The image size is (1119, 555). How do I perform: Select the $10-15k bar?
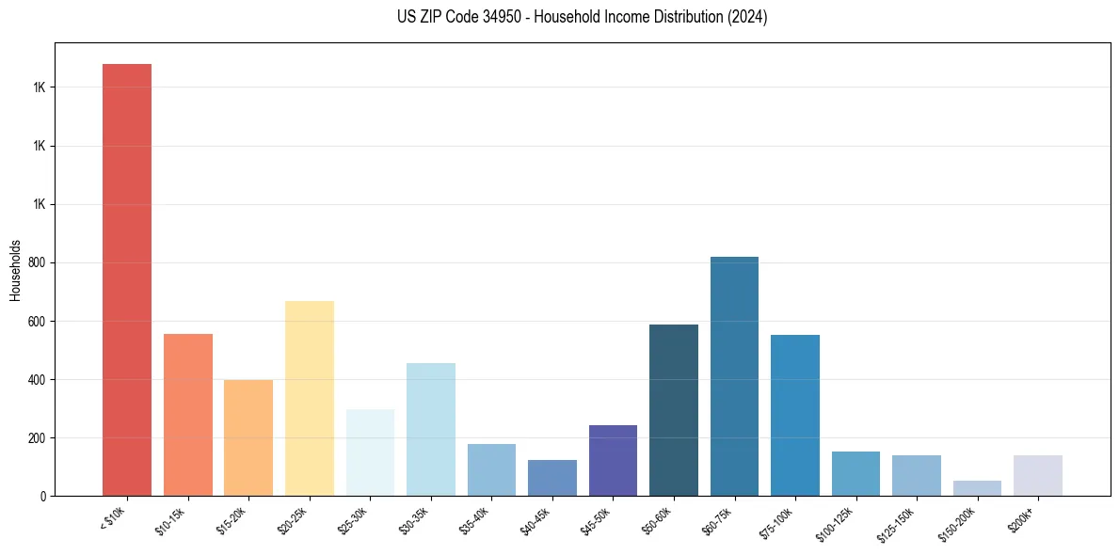(x=188, y=415)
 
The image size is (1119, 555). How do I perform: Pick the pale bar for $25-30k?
(x=370, y=452)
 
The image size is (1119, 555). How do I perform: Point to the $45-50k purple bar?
(x=613, y=460)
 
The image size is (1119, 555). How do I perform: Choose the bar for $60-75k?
(x=734, y=376)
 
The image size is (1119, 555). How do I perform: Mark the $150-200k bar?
(x=977, y=488)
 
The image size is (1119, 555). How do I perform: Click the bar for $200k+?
(x=1038, y=475)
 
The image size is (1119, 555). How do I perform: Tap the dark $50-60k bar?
(x=674, y=410)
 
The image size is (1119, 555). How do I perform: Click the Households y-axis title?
(x=16, y=269)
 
